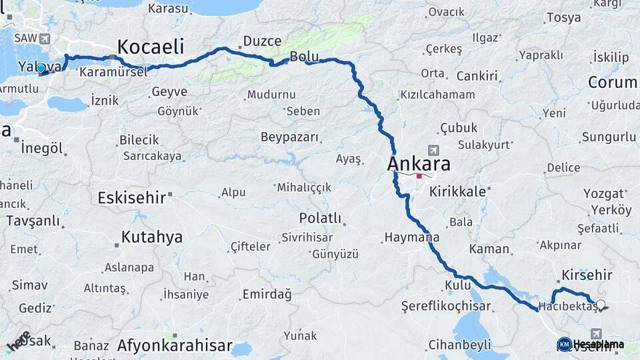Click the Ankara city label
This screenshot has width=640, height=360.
[x=419, y=164]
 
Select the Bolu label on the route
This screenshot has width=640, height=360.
[x=303, y=55]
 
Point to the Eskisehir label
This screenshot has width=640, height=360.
[x=131, y=198]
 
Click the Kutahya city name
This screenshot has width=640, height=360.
[x=151, y=237]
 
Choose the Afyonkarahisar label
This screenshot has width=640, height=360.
[x=174, y=345]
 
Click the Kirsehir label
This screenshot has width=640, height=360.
[x=587, y=275]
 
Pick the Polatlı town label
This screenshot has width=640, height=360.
[x=320, y=218]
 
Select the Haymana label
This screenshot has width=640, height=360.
[x=411, y=237]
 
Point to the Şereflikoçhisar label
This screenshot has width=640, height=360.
[x=446, y=307]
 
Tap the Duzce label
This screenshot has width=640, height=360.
[x=262, y=41]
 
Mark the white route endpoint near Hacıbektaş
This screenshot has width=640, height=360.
[x=601, y=305]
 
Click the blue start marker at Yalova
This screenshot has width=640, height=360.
[x=41, y=68]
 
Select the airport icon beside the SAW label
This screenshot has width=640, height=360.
[x=45, y=39]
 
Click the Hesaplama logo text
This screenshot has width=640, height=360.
[x=598, y=344]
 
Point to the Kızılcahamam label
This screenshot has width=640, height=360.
[x=437, y=95]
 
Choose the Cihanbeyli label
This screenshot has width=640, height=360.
[x=459, y=344]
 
